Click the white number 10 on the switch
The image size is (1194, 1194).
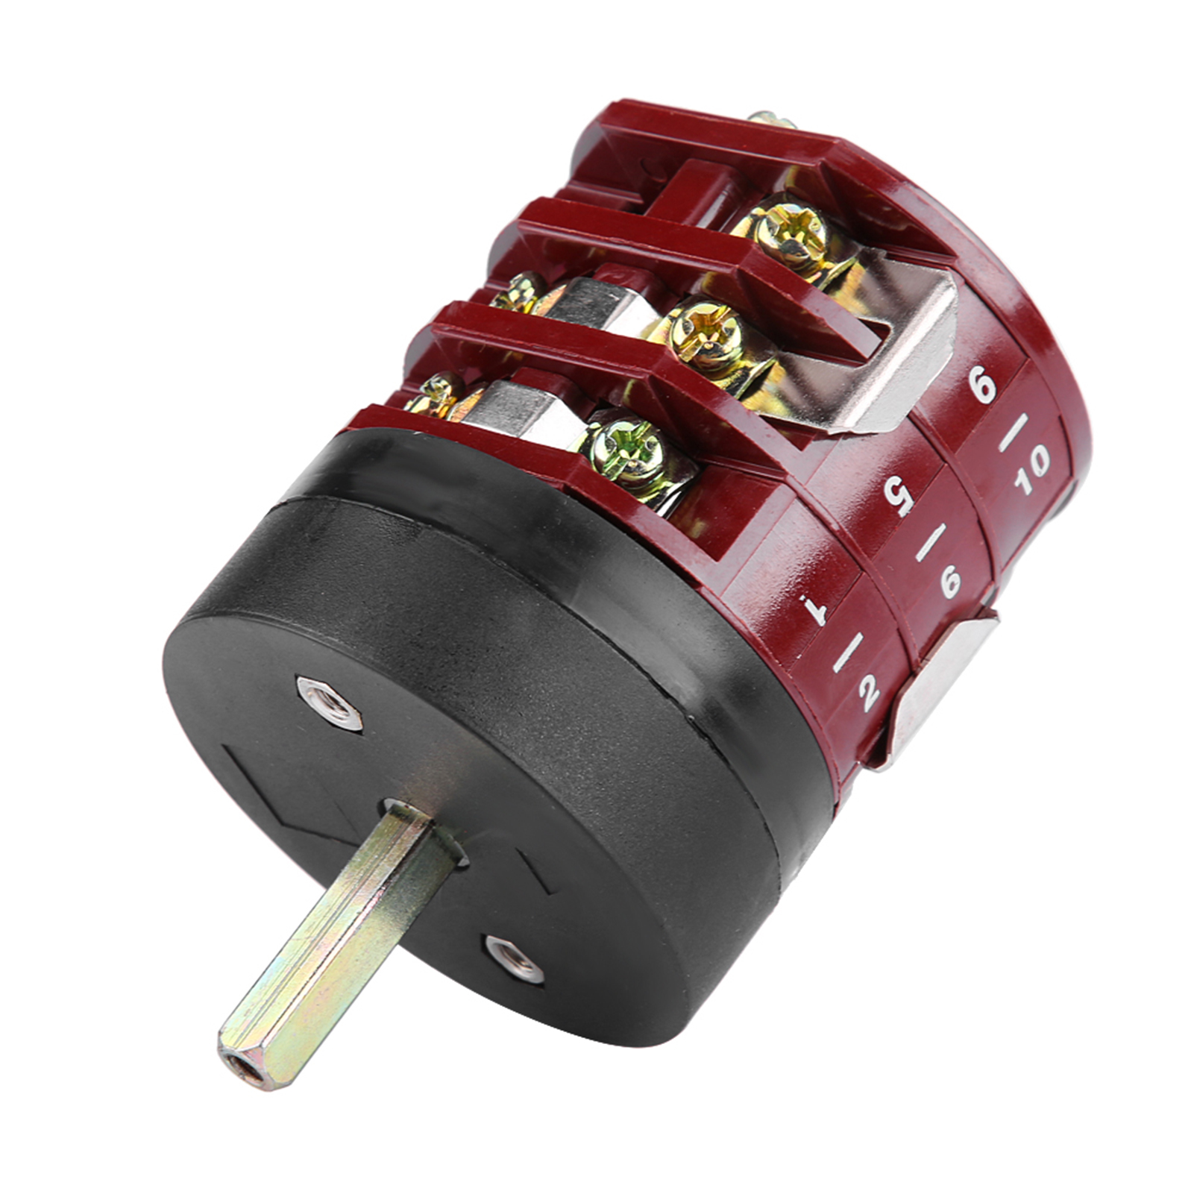click(1032, 470)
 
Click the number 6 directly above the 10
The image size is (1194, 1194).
click(981, 387)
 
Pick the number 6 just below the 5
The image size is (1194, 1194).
click(950, 581)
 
